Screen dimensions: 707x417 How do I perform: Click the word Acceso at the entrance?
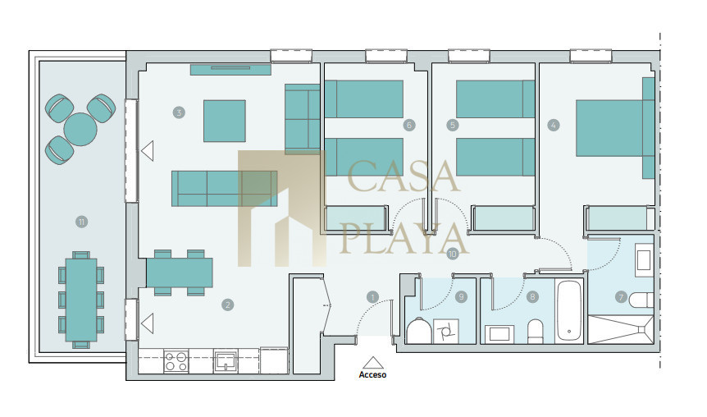pyautogui.click(x=372, y=374)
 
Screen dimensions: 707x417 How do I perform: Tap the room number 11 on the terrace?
pyautogui.click(x=82, y=222)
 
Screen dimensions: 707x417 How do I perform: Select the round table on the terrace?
pyautogui.click(x=80, y=129)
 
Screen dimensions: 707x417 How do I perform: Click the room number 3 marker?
pyautogui.click(x=179, y=112)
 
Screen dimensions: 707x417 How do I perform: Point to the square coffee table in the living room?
pyautogui.click(x=225, y=121)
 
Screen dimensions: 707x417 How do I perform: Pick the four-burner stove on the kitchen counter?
pyautogui.click(x=176, y=361)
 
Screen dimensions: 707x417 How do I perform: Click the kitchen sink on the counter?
pyautogui.click(x=226, y=361)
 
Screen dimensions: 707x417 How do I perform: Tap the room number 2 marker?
pyautogui.click(x=228, y=305)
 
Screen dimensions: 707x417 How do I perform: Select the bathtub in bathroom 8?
pyautogui.click(x=569, y=311)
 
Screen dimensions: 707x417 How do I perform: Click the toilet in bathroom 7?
pyautogui.click(x=641, y=300)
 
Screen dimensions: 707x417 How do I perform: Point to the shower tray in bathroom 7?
pyautogui.click(x=621, y=329)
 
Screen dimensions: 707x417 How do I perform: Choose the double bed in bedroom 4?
pyautogui.click(x=615, y=128)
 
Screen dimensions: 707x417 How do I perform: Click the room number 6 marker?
pyautogui.click(x=409, y=125)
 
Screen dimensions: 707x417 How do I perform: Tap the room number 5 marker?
pyautogui.click(x=453, y=125)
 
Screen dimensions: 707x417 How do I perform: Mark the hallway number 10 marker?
pyautogui.click(x=452, y=254)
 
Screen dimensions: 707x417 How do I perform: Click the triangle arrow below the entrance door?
pyautogui.click(x=372, y=363)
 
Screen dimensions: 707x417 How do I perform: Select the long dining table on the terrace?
pyautogui.click(x=81, y=300)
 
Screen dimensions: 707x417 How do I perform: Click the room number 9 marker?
pyautogui.click(x=461, y=296)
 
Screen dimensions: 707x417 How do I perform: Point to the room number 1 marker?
pyautogui.click(x=372, y=296)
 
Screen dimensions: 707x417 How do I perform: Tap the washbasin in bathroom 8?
pyautogui.click(x=499, y=334)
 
